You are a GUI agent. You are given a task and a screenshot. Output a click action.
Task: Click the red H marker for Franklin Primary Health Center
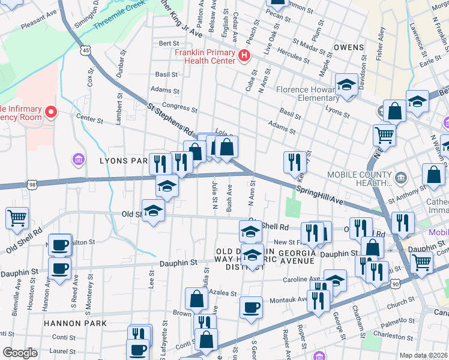click(x=244, y=56)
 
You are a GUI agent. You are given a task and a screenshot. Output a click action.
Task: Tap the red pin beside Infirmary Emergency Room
click(x=51, y=112)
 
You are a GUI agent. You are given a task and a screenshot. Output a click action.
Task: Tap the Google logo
click(x=20, y=353)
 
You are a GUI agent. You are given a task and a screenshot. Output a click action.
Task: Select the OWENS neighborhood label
click(x=349, y=47)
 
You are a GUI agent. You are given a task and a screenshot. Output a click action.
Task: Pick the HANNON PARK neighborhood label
click(x=75, y=323)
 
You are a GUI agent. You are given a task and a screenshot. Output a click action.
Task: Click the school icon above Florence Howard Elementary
click(x=346, y=85)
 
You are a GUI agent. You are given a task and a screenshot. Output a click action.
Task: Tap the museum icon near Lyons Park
click(x=78, y=160)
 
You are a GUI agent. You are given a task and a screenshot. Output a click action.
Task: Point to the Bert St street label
click(x=169, y=43)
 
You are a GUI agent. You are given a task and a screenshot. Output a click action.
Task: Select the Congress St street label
click(x=179, y=109)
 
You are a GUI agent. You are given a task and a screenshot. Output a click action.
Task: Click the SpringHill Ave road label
click(x=319, y=195)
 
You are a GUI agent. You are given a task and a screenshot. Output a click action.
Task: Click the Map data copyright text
click(x=423, y=355)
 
